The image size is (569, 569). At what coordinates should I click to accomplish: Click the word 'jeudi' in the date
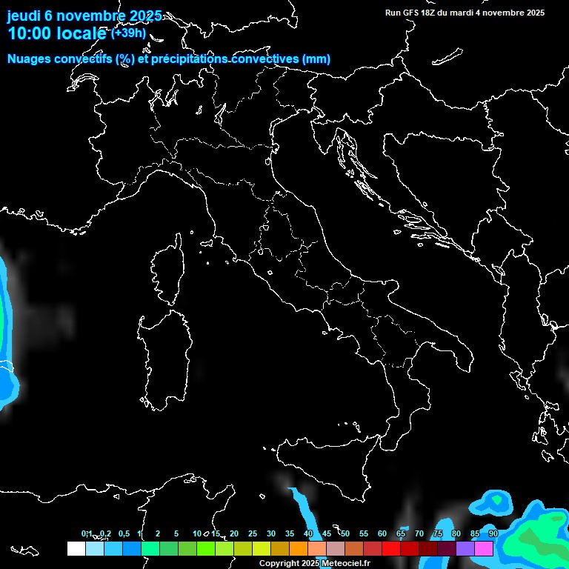tap(24, 16)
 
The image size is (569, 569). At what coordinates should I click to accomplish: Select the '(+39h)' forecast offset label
tap(128, 33)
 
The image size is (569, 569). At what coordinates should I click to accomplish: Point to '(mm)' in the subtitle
tap(316, 59)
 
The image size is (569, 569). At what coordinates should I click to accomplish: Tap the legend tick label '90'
tap(493, 533)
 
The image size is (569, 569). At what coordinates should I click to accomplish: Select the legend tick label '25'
tap(252, 533)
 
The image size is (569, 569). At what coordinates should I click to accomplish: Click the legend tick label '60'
tap(382, 533)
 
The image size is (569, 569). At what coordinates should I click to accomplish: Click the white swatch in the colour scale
tap(76, 548)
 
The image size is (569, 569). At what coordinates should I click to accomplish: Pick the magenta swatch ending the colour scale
tap(484, 548)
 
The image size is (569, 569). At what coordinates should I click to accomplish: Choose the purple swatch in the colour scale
tap(465, 548)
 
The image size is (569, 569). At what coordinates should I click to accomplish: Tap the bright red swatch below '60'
tap(391, 548)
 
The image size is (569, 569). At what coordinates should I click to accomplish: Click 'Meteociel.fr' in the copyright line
tap(345, 564)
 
